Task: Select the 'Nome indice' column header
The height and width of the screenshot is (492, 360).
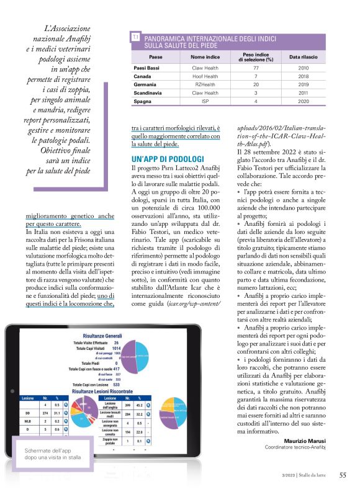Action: tap(197, 56)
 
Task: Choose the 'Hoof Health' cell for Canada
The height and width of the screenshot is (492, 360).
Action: tap(197, 76)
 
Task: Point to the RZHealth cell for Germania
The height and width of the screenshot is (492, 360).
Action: tap(197, 84)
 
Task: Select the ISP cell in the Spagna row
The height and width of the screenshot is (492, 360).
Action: tap(197, 101)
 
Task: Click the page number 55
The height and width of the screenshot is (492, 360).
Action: tap(343, 475)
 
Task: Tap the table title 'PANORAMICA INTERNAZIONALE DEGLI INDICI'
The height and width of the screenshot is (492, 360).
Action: tap(209, 38)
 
